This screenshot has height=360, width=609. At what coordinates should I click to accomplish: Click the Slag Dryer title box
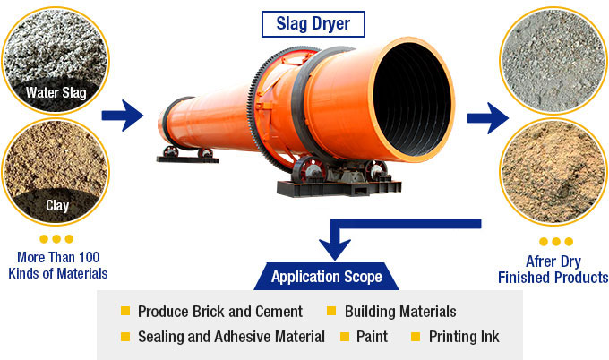pyautogui.click(x=304, y=23)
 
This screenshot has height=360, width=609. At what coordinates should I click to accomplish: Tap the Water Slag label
pyautogui.click(x=56, y=92)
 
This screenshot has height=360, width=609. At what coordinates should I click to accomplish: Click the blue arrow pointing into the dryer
pyautogui.click(x=123, y=115)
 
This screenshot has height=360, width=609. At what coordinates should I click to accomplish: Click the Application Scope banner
pyautogui.click(x=327, y=277)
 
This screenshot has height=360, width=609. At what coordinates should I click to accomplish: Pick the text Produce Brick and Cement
pyautogui.click(x=220, y=312)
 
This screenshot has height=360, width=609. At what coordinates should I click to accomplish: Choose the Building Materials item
pyautogui.click(x=400, y=312)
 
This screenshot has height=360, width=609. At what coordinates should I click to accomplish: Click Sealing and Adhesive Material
pyautogui.click(x=231, y=338)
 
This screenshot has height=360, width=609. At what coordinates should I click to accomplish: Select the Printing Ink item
pyautogui.click(x=464, y=338)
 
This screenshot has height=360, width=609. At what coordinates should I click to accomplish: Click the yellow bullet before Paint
pyautogui.click(x=345, y=338)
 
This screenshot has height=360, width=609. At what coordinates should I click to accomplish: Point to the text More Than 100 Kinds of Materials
pyautogui.click(x=56, y=265)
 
